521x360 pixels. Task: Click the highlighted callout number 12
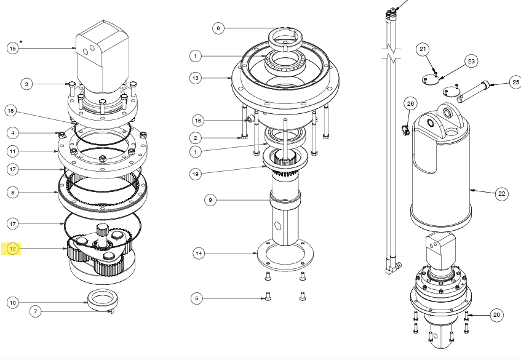(13, 249)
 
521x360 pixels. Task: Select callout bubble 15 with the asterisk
(13, 48)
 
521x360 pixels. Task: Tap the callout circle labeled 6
(218, 28)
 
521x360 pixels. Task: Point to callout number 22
(501, 194)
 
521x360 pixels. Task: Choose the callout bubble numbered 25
(515, 81)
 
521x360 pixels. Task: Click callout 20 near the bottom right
(496, 315)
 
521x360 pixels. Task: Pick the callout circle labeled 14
(198, 253)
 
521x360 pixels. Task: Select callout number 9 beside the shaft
(210, 199)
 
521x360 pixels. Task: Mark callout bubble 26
(410, 103)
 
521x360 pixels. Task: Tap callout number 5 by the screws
(197, 298)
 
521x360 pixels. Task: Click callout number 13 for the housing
(196, 78)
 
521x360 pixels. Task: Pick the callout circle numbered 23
(472, 61)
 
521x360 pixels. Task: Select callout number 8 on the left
(13, 192)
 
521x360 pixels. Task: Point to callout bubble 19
(196, 174)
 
